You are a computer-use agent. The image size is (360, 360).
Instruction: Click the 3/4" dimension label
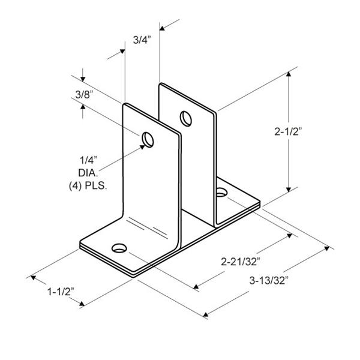pyautogui.click(x=142, y=40)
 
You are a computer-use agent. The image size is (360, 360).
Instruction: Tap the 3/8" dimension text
pyautogui.click(x=84, y=94)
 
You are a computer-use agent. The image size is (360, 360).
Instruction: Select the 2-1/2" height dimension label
pyautogui.click(x=288, y=131)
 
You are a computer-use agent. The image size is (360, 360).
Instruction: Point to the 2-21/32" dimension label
pyautogui.click(x=241, y=262)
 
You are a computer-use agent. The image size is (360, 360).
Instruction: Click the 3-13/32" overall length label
pyautogui.click(x=269, y=280)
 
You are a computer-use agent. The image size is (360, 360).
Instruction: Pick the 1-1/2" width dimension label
pyautogui.click(x=61, y=292)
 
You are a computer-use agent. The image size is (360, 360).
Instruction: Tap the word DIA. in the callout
pyautogui.click(x=88, y=173)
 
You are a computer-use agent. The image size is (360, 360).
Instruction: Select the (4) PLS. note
pyautogui.click(x=88, y=185)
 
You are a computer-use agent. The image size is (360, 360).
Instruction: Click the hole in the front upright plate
pyautogui.click(x=148, y=140)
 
